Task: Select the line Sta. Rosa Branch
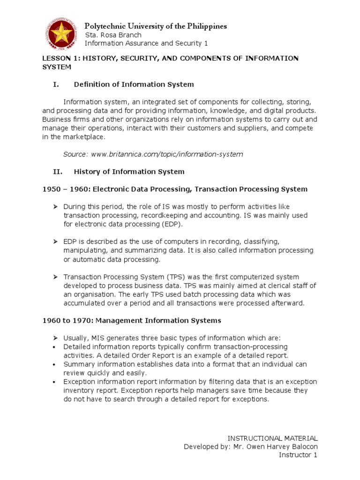pyautogui.click(x=113, y=35)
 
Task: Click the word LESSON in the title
pyautogui.click(x=56, y=58)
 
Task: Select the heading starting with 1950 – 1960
pyautogui.click(x=174, y=189)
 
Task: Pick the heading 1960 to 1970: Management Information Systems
pyautogui.click(x=131, y=321)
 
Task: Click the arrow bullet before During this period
pyautogui.click(x=55, y=207)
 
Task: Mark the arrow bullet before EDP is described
pyautogui.click(x=55, y=242)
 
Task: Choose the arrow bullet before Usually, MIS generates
pyautogui.click(x=55, y=338)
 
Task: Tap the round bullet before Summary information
pyautogui.click(x=55, y=364)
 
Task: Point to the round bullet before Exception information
pyautogui.click(x=55, y=382)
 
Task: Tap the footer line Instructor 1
pyautogui.click(x=298, y=455)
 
